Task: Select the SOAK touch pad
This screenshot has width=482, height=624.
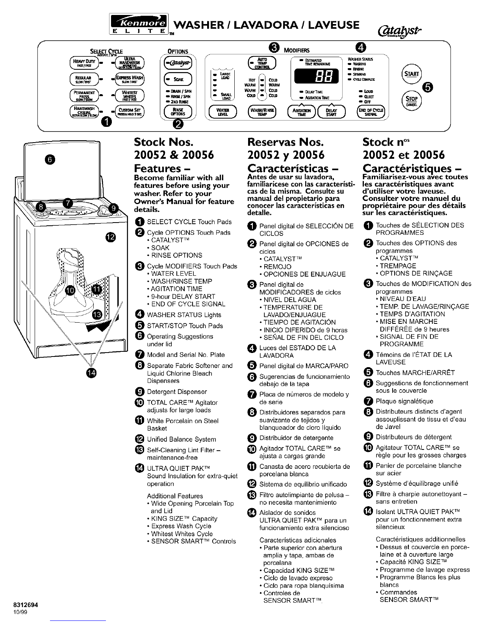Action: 177,79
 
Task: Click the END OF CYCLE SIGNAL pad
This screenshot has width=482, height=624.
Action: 370,112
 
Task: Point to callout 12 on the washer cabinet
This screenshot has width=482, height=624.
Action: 111,236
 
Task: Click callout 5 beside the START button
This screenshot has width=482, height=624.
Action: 427,87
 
